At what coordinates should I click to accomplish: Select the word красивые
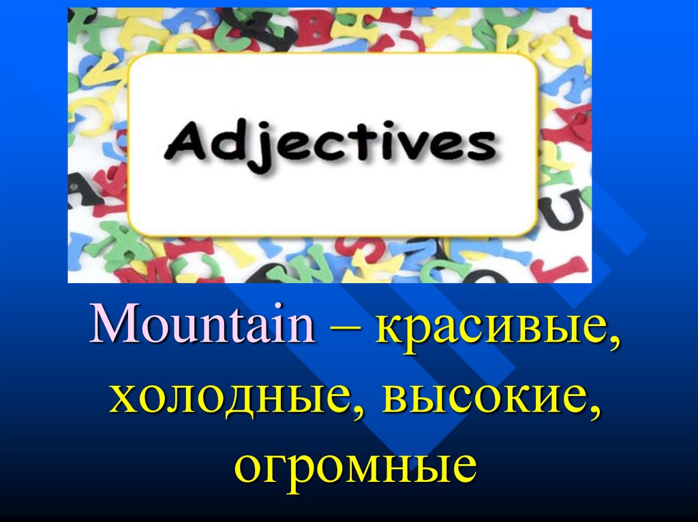point(490,330)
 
